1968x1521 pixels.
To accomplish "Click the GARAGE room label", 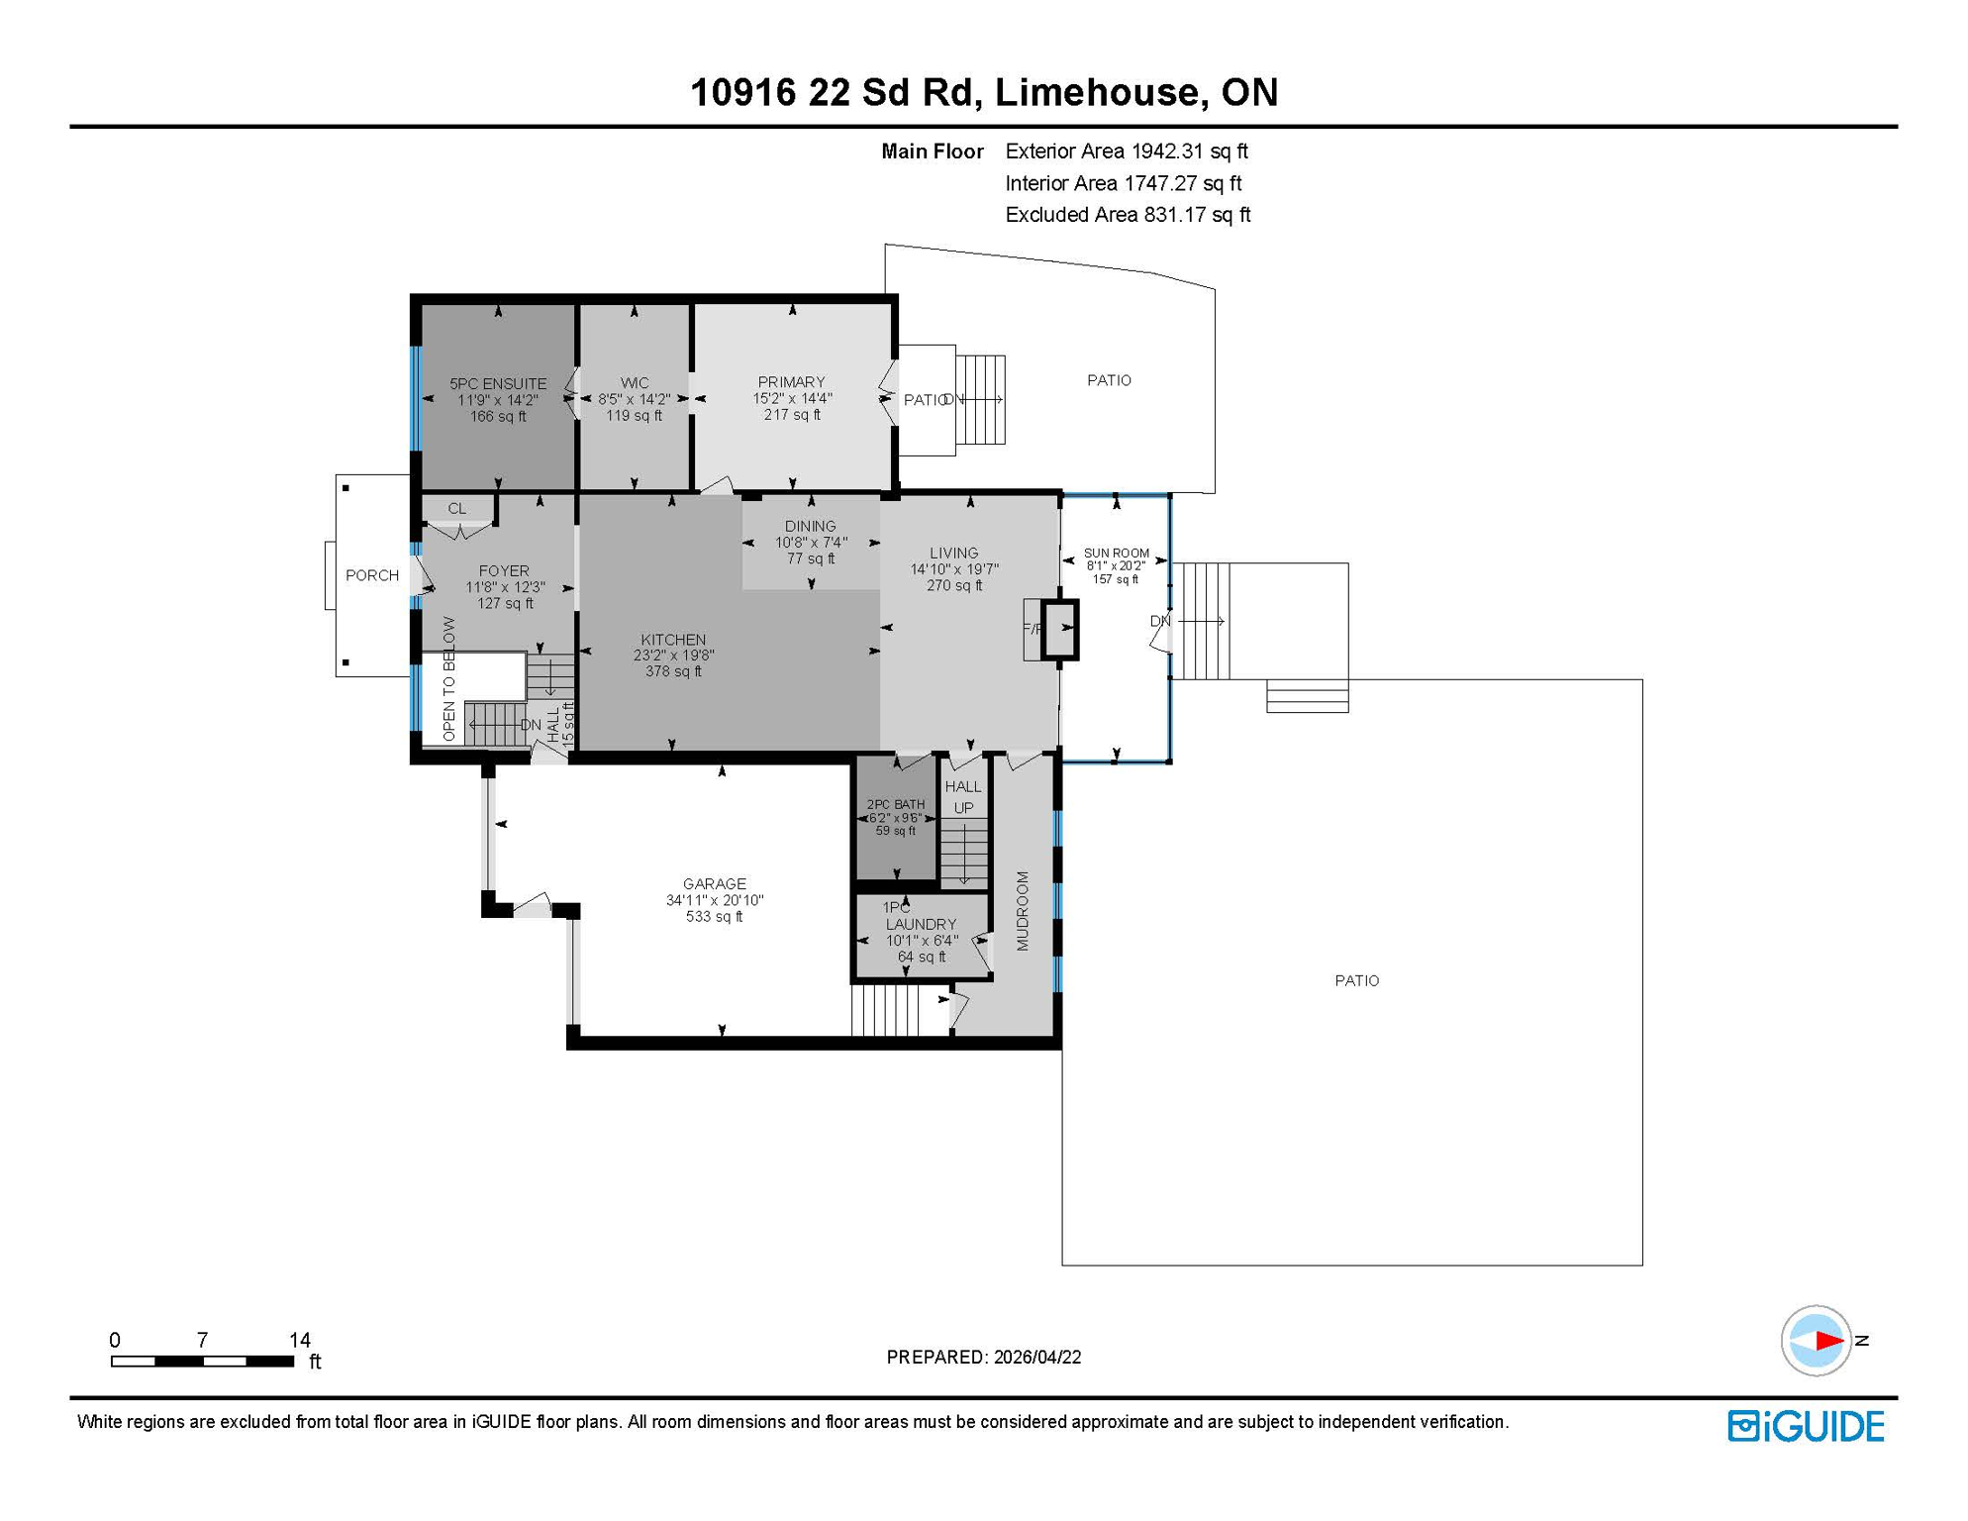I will [714, 883].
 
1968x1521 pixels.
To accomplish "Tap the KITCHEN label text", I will [673, 640].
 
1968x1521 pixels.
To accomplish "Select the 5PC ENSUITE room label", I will [498, 383].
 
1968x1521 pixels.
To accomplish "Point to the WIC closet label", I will [635, 382].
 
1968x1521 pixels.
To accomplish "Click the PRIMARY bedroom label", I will [791, 381].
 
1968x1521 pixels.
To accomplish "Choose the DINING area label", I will [810, 526].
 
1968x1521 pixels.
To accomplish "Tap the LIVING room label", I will [953, 553].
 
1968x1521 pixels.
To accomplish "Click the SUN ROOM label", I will [1116, 553].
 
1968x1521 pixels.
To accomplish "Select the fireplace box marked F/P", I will [1059, 628].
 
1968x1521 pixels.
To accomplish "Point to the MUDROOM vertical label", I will [1023, 911].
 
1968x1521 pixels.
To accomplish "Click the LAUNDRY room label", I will [921, 924].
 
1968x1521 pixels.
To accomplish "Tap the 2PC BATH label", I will [896, 804].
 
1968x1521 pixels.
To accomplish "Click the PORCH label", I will [372, 575].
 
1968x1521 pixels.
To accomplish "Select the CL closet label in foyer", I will [456, 508].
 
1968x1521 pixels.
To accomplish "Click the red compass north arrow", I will [1827, 1341].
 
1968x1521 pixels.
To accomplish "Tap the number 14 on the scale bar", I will [300, 1340].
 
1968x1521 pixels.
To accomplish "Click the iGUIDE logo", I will [1806, 1426].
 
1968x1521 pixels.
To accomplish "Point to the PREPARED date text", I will [983, 1357].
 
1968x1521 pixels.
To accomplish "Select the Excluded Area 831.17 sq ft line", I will [1128, 215].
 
